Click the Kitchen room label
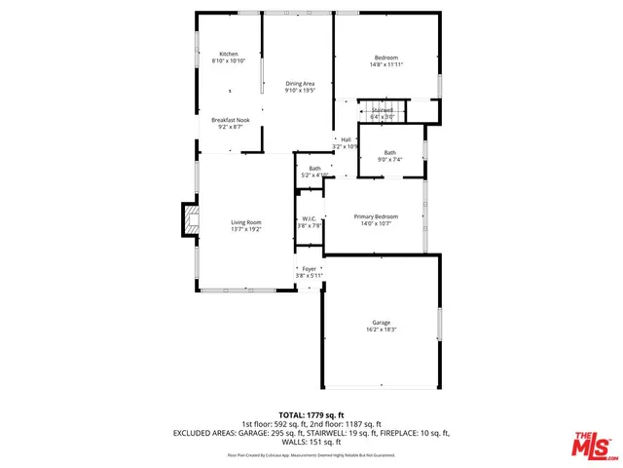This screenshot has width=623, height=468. tap(229, 55)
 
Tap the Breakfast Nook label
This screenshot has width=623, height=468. tap(231, 120)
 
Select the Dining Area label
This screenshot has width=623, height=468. tap(299, 84)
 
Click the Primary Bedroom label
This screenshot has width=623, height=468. tap(375, 216)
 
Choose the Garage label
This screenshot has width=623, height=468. tap(381, 323)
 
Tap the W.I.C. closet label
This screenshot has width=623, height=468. tap(308, 218)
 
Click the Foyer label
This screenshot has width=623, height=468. tap(310, 268)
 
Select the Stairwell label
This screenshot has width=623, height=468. tap(382, 110)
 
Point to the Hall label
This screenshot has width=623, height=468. tap(346, 139)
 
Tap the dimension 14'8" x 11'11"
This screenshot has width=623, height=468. tap(386, 64)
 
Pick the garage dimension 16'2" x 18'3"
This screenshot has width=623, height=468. tap(381, 330)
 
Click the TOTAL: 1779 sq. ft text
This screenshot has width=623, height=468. tap(311, 415)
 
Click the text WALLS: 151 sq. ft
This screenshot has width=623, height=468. tap(311, 441)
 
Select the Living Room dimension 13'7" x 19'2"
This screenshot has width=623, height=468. tap(246, 229)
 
